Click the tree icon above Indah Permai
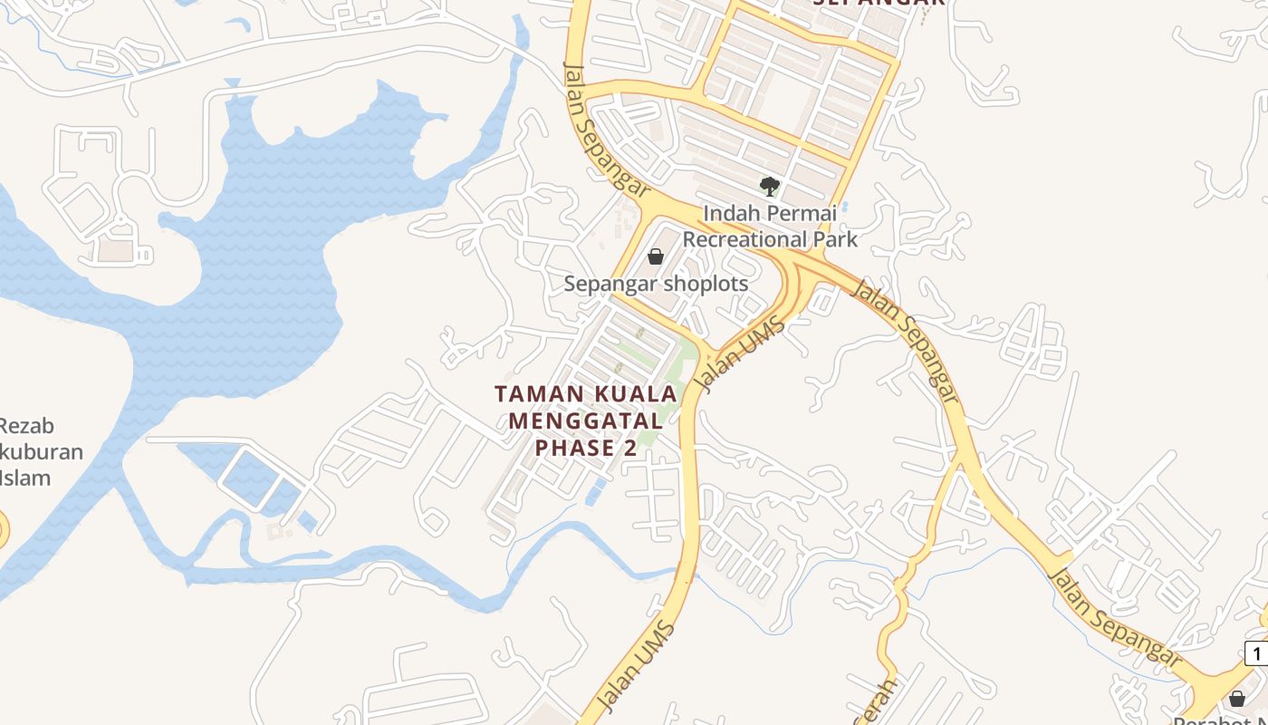(770, 187)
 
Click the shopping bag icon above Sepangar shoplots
(656, 257)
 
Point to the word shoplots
(706, 284)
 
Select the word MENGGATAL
(586, 420)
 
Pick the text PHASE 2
(586, 448)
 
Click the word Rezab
(26, 426)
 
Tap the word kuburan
(43, 451)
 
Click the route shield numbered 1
(1257, 652)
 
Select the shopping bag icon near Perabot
(1237, 699)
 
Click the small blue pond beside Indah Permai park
(844, 207)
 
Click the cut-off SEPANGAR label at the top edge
(879, 4)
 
